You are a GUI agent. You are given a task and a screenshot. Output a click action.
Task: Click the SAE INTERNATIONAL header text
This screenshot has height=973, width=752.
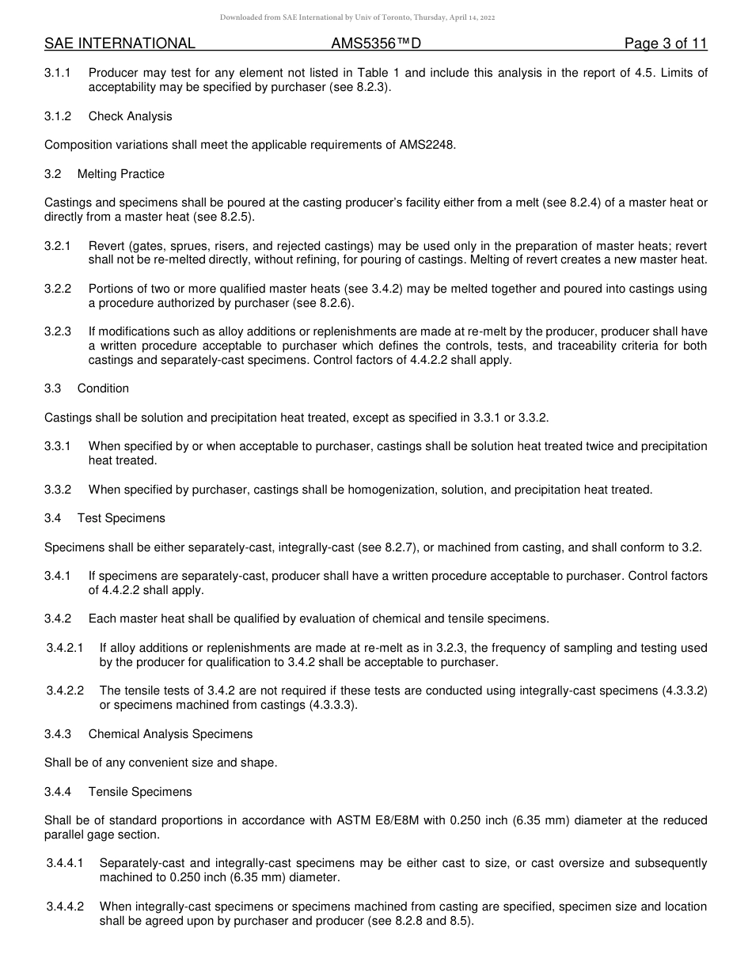(x=120, y=44)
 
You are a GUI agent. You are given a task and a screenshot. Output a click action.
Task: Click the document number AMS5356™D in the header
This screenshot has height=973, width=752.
(x=376, y=44)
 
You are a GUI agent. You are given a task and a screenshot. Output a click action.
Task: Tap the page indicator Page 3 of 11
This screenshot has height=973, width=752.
(x=665, y=44)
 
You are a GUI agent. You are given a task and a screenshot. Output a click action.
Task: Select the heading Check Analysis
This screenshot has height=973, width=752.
(x=130, y=116)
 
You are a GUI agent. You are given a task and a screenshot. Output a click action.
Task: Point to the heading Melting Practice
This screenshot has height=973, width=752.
(x=121, y=173)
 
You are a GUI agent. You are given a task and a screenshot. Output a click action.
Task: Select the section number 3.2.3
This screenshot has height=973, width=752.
(x=58, y=331)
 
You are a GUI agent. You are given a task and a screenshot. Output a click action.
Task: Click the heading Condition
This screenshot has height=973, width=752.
(x=103, y=388)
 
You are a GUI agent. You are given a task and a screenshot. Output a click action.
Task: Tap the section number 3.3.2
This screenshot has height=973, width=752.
(x=58, y=490)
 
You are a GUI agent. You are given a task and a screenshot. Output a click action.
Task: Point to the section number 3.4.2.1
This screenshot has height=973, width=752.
(x=65, y=648)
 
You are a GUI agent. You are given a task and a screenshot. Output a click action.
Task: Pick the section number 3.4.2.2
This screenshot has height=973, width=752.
(x=65, y=691)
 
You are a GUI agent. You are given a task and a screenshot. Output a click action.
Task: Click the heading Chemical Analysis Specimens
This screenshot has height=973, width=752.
(x=170, y=734)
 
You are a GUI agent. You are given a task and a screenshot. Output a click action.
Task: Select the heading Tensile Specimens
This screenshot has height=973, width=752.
(x=140, y=792)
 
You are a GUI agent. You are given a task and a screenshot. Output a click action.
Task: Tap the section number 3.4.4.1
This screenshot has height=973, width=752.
(x=65, y=864)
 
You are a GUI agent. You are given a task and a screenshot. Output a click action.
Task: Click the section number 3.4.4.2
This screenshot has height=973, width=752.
(x=65, y=907)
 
